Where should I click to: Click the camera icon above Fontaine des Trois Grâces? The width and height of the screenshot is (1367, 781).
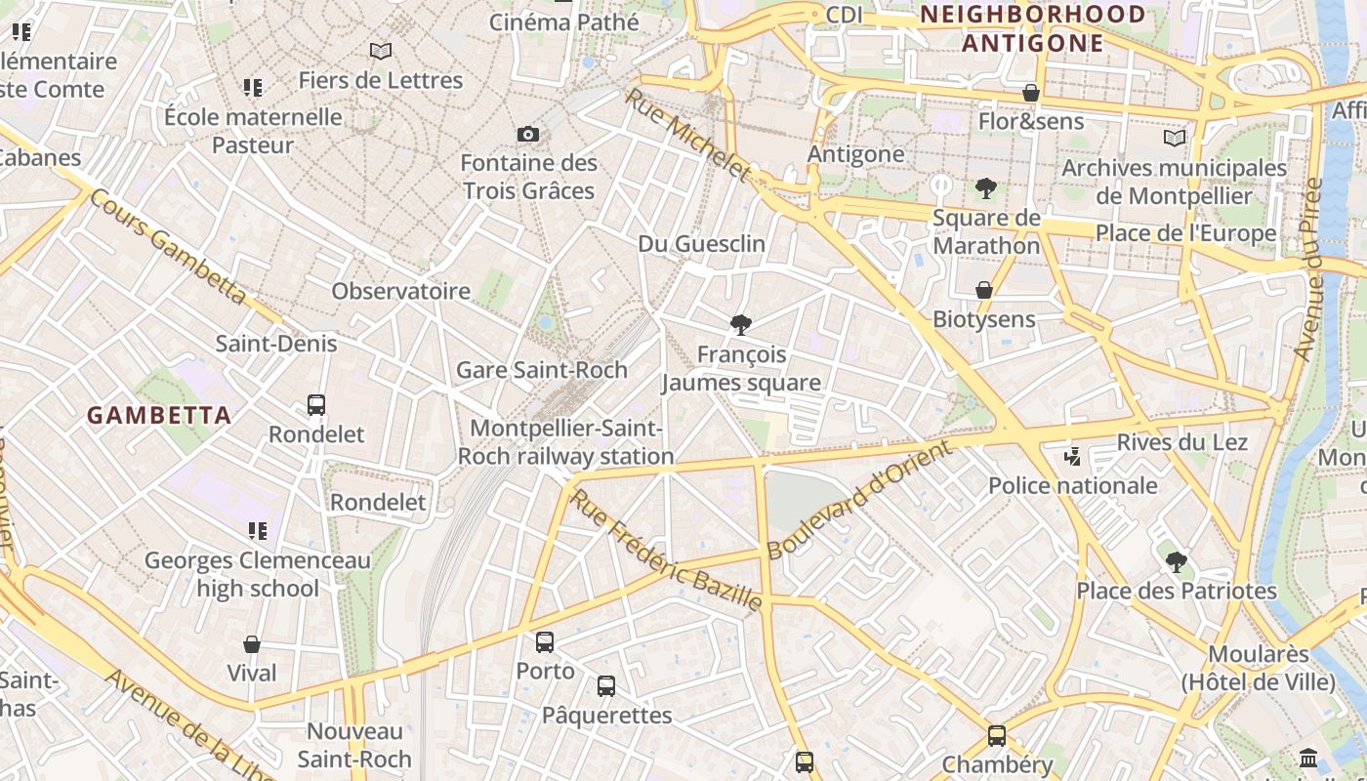click(528, 134)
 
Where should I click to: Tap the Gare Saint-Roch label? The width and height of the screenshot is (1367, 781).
click(542, 370)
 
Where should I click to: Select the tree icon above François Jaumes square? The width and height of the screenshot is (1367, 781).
click(741, 325)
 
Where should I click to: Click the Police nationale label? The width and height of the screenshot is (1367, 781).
click(1073, 485)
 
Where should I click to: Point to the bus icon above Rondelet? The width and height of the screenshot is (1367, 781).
click(316, 405)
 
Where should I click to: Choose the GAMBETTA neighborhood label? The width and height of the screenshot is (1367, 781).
click(159, 415)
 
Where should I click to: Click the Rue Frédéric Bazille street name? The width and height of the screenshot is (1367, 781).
click(666, 551)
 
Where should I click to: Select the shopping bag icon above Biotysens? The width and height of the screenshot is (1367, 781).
click(984, 290)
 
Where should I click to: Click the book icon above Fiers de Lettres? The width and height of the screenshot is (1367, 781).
click(381, 51)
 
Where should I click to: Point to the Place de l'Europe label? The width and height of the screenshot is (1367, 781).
click(1185, 233)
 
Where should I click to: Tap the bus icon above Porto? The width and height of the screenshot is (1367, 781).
click(545, 642)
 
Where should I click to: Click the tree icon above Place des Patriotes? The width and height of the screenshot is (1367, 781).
click(1177, 561)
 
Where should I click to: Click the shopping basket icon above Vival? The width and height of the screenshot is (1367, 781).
click(252, 644)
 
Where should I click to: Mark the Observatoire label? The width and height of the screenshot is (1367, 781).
click(400, 291)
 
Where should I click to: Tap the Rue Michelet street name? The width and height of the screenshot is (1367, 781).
click(688, 135)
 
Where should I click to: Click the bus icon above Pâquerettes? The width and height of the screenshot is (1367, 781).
click(606, 686)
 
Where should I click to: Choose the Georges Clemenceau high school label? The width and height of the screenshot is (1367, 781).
click(258, 574)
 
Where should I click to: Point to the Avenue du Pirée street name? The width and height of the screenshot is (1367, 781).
click(1308, 268)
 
